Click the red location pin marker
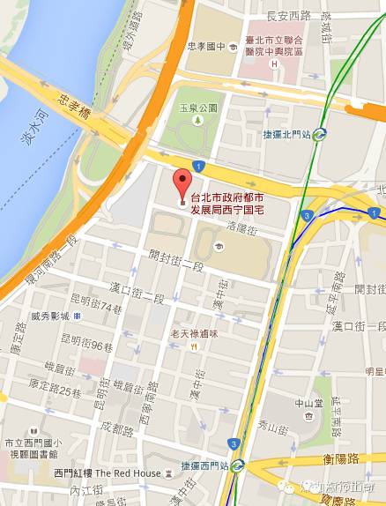182,181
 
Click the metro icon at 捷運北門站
319,134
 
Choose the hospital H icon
276,64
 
